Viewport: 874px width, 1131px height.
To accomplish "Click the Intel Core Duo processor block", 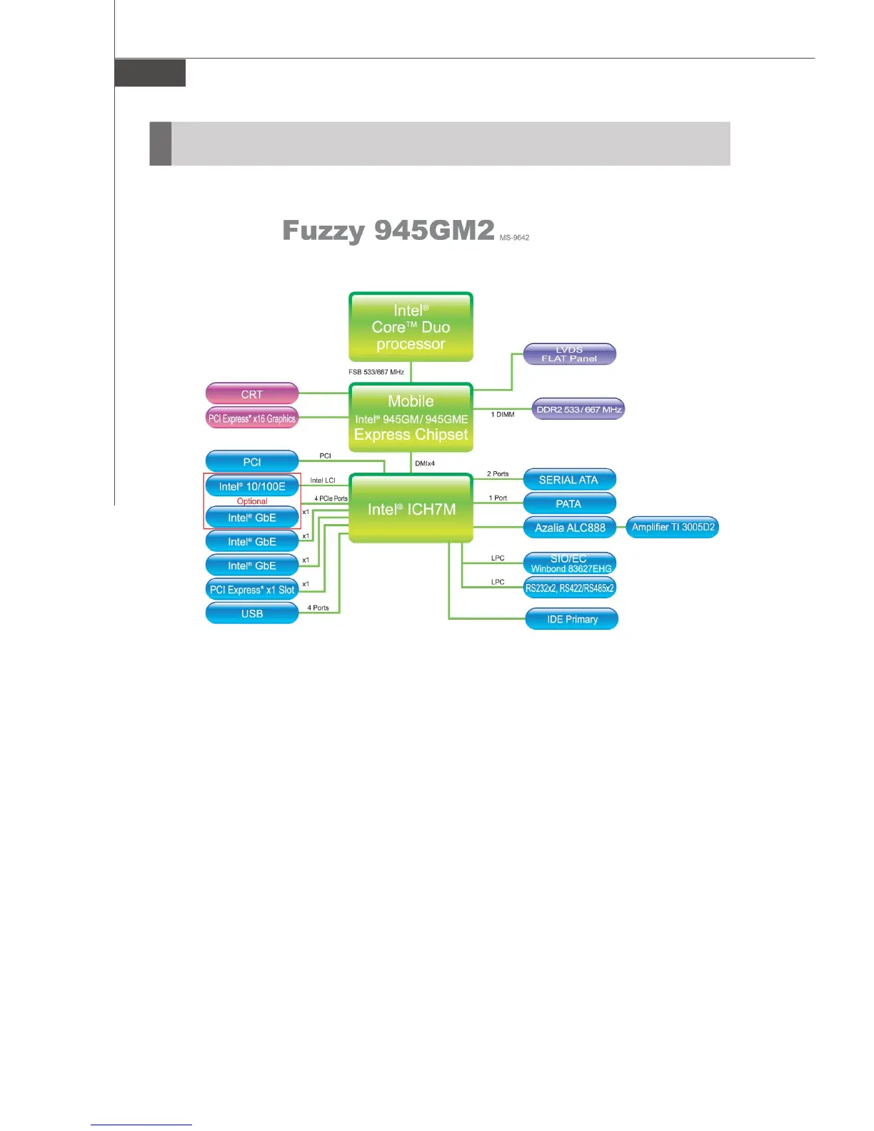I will [x=411, y=327].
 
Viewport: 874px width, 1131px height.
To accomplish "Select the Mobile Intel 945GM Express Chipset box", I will [x=411, y=418].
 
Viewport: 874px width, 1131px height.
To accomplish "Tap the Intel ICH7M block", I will [x=411, y=509].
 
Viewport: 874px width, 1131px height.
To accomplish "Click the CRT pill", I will [x=252, y=394].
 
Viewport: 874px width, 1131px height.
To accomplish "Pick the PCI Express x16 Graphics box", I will [x=252, y=418].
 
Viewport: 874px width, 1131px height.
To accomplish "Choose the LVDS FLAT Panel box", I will [x=569, y=354].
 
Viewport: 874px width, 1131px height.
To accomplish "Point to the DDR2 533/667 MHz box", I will [x=578, y=409].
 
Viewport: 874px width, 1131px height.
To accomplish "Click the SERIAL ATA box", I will [x=569, y=480].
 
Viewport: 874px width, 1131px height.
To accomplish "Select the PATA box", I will [x=569, y=503].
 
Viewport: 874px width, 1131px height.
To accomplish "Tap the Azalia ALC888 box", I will [x=570, y=528].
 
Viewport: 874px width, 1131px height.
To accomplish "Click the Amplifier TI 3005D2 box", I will [x=673, y=528].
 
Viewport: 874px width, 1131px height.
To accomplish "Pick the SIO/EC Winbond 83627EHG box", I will [x=570, y=563].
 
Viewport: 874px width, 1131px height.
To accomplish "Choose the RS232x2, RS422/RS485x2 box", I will [x=570, y=588].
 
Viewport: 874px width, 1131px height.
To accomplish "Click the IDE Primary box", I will [x=572, y=619].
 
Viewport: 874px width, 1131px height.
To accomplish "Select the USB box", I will [x=252, y=613].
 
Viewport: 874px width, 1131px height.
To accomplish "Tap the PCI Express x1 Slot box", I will [x=252, y=590].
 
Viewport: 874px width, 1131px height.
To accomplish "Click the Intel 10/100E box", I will [x=252, y=486].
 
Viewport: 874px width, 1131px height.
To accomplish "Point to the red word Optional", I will [x=252, y=501].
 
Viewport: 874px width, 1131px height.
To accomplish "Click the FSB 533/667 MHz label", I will [x=376, y=372].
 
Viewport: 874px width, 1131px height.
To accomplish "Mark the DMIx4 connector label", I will [x=425, y=463].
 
